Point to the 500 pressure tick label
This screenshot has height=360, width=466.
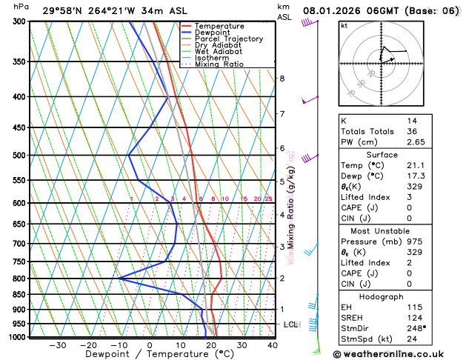[x=19, y=156]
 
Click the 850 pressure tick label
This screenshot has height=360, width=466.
[x=19, y=295]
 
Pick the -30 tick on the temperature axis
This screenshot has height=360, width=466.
[x=57, y=345]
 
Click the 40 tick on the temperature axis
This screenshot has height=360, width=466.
[x=273, y=345]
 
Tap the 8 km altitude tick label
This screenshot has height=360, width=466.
[x=282, y=79]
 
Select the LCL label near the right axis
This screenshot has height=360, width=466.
[x=290, y=324]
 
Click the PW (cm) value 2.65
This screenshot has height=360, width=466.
[x=416, y=141]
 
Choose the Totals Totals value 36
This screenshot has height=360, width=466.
[x=411, y=131]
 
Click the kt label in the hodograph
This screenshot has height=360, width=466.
[x=344, y=25]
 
